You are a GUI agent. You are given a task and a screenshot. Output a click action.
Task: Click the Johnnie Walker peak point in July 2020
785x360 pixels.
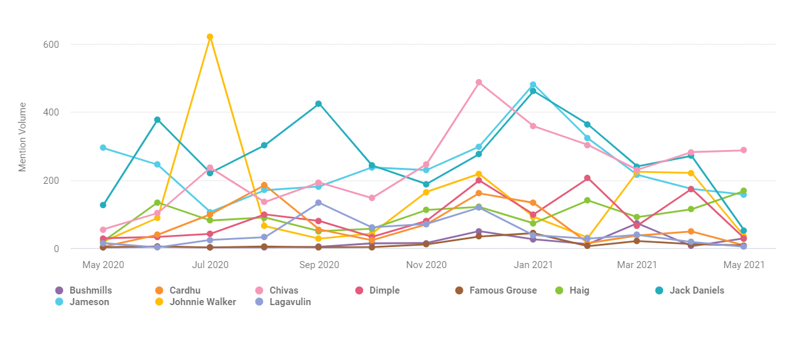tap(210, 37)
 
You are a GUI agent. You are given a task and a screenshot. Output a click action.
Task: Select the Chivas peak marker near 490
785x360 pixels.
tap(479, 82)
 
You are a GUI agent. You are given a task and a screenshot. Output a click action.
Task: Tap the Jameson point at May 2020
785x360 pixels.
tap(103, 147)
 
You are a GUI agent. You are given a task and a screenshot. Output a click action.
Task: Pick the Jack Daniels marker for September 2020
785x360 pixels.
tap(318, 104)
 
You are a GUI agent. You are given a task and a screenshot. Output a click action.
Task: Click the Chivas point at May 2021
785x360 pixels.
tap(744, 150)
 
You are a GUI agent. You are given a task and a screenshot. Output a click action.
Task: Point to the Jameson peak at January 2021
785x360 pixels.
tap(532, 84)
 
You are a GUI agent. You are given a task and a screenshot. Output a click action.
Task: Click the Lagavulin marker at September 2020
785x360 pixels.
tap(318, 202)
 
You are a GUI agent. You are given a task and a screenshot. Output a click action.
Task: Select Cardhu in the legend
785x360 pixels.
tap(184, 290)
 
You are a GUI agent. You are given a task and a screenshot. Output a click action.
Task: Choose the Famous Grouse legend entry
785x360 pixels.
tap(502, 290)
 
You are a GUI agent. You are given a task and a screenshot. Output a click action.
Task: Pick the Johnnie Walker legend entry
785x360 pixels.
tap(202, 302)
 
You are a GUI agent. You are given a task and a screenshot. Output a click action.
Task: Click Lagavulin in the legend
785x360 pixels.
tap(290, 302)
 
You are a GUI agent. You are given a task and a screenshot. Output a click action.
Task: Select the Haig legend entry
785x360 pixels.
tap(579, 290)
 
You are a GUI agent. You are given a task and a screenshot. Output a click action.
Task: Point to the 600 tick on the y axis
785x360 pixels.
tap(52, 45)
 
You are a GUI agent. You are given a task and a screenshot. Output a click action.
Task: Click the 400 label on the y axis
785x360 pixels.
tap(52, 112)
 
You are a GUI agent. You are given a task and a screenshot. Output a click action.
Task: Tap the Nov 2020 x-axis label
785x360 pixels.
tap(426, 264)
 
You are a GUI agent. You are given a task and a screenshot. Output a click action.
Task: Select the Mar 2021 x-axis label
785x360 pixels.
tap(636, 264)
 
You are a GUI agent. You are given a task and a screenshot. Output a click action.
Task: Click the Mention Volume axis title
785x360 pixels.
tap(23, 137)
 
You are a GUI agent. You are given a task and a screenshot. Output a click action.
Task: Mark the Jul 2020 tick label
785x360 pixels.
tap(210, 264)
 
